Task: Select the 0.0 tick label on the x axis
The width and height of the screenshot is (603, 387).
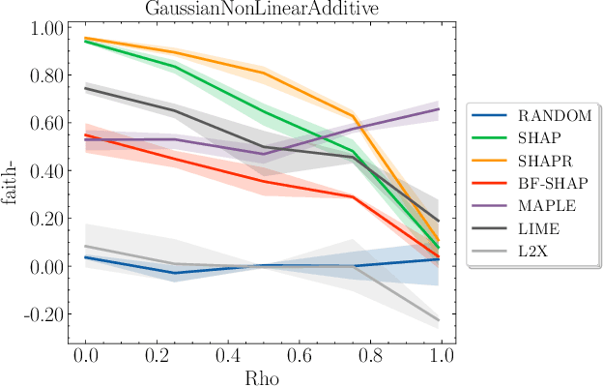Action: tap(86, 355)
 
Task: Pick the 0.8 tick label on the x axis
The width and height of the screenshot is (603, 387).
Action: tap(370, 355)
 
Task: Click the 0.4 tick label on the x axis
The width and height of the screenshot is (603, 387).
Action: tap(228, 355)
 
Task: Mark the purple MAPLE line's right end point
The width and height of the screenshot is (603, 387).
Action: tap(440, 109)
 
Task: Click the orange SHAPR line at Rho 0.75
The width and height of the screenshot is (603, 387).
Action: tap(353, 117)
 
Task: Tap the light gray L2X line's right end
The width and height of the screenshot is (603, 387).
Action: tap(440, 320)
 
